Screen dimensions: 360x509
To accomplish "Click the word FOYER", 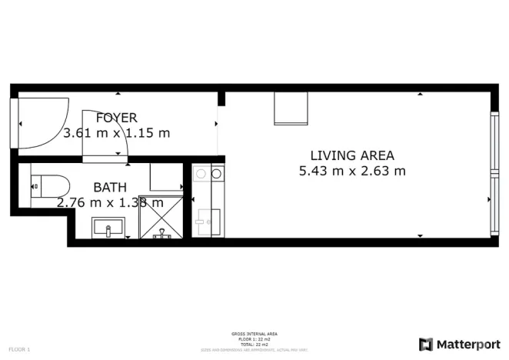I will point(116,118).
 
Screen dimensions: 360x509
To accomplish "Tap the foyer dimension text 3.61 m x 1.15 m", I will point(116,132).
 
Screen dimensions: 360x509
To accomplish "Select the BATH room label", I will point(111,187).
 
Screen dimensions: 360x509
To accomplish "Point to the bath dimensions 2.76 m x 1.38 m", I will point(110,202).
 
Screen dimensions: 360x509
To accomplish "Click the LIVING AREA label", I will point(351,155).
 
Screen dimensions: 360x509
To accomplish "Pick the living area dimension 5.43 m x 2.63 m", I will point(351,171).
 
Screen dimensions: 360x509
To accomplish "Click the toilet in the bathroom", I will point(48,185).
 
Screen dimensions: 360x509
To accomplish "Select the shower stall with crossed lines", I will point(162,217).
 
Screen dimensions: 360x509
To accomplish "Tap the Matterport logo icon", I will point(425,344).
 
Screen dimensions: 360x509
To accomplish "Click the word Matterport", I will point(467,344).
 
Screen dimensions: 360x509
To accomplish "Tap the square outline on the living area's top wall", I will point(291,108).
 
